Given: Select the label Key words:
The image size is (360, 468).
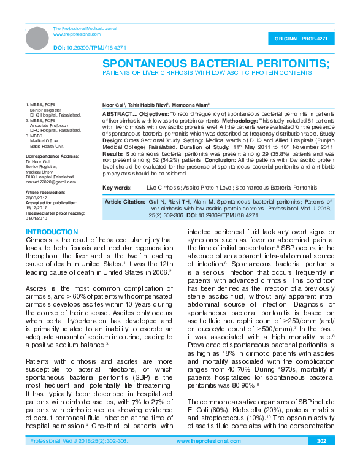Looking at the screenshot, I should click(x=117, y=186).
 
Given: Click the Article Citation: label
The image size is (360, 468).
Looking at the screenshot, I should click(x=124, y=202).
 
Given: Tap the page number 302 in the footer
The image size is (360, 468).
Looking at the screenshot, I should click(x=321, y=458).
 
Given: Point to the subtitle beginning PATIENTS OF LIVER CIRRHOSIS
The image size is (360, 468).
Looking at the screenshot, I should click(x=207, y=72).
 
